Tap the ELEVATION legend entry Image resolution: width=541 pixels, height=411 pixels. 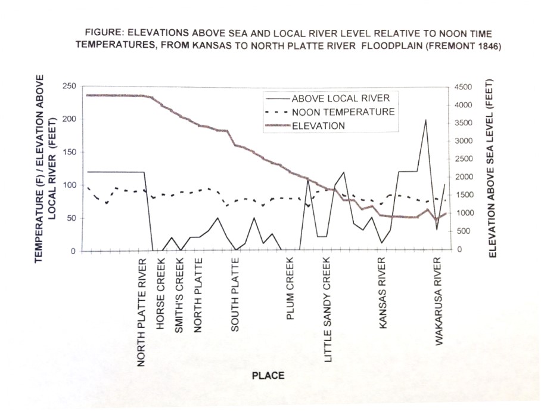click(318, 126)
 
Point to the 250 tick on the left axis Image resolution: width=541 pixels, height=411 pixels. click(70, 86)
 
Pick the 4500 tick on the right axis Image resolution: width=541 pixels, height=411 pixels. click(463, 87)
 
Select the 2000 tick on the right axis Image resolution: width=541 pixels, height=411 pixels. click(463, 177)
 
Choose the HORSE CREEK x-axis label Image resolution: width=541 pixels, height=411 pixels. click(161, 285)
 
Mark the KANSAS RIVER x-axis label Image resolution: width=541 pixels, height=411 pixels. click(383, 288)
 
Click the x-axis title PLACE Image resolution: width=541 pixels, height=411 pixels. click(268, 376)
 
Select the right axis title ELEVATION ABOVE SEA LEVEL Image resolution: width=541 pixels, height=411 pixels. click(492, 170)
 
